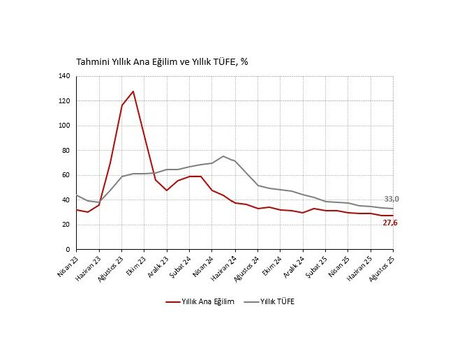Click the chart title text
(x=162, y=61)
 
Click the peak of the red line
(x=133, y=91)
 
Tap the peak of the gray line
(x=223, y=156)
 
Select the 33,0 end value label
(x=392, y=199)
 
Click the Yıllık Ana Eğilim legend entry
(x=200, y=301)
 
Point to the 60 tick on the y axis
(x=67, y=175)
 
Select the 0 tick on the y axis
(x=69, y=249)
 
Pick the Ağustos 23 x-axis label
(x=112, y=267)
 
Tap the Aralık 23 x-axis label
(x=158, y=265)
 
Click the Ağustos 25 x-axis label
(x=383, y=267)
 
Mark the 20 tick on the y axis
(x=67, y=225)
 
